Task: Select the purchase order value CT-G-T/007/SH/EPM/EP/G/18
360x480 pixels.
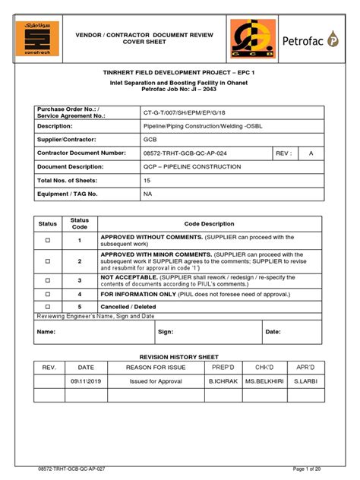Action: [185, 112]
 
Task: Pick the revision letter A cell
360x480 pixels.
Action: [310, 153]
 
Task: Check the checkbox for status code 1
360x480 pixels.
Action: [47, 240]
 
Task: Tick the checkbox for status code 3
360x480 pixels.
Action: [47, 280]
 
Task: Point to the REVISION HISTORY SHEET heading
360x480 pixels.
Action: [180, 356]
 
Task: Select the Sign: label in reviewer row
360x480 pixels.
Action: [166, 331]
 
